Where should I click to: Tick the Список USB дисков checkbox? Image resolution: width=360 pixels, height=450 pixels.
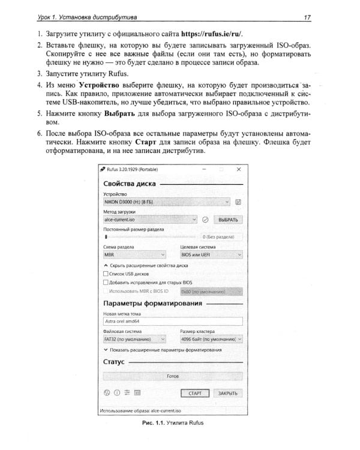coord(106,274)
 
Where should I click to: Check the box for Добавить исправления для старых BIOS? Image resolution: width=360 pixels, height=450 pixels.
coord(106,282)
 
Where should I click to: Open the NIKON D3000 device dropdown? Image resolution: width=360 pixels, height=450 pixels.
coord(167,203)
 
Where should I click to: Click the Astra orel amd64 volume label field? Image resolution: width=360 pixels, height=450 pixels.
coord(173,321)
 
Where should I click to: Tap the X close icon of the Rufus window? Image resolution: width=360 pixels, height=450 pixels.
coord(238,170)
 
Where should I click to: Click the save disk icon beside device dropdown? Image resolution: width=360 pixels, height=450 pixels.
coord(239,203)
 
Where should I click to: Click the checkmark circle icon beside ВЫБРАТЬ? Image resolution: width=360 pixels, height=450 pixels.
coord(205,220)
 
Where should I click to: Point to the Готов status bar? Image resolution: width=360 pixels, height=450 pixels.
coord(173,376)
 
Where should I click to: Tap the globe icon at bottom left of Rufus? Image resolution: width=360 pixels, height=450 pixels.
coord(107,394)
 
